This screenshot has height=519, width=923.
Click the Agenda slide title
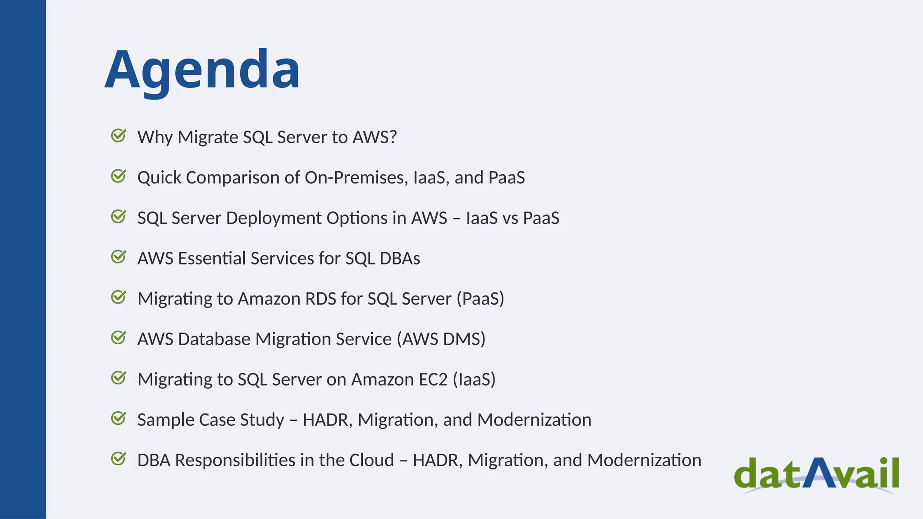pyautogui.click(x=202, y=70)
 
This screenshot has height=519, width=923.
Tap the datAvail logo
pyautogui.click(x=816, y=474)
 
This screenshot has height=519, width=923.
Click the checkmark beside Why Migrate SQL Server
pyautogui.click(x=119, y=136)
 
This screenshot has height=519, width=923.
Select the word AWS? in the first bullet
pyautogui.click(x=374, y=137)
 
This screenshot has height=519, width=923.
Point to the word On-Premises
pyautogui.click(x=356, y=178)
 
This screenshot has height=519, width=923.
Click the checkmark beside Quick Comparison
pyautogui.click(x=119, y=176)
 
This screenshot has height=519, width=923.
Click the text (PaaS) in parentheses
pyautogui.click(x=480, y=299)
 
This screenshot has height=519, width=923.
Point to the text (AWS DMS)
pyautogui.click(x=441, y=339)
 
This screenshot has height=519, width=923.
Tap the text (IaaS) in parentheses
pyautogui.click(x=474, y=379)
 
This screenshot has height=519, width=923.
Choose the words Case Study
pyautogui.click(x=242, y=420)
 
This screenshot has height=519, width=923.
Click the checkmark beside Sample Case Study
pyautogui.click(x=119, y=419)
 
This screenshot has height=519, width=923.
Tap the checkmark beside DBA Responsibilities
pyautogui.click(x=119, y=459)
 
